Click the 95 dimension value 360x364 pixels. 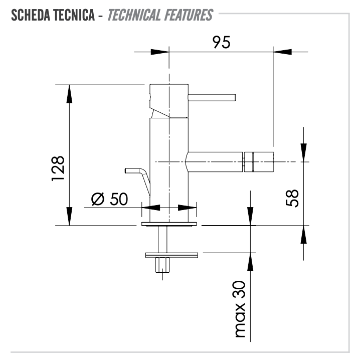pyautogui.click(x=222, y=42)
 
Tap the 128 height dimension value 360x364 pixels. pyautogui.click(x=58, y=168)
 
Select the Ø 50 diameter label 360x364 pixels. pyautogui.click(x=110, y=199)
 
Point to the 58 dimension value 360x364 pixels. pyautogui.click(x=292, y=198)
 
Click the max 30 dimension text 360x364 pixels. pyautogui.click(x=240, y=309)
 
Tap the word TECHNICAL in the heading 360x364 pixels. pyautogui.click(x=134, y=16)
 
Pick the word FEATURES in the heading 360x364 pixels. pyautogui.click(x=188, y=16)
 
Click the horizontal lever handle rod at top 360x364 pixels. pyautogui.click(x=212, y=97)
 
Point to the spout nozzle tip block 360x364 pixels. pyautogui.click(x=259, y=162)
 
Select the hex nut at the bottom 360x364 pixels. pyautogui.click(x=162, y=265)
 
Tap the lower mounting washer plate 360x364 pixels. pyautogui.click(x=171, y=255)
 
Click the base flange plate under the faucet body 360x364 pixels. pyautogui.click(x=169, y=224)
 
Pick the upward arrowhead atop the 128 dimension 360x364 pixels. pyautogui.click(x=69, y=94)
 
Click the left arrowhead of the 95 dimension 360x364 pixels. pyautogui.click(x=159, y=52)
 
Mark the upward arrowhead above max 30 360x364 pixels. pyautogui.click(x=250, y=262)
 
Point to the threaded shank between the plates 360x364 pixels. pyautogui.click(x=162, y=239)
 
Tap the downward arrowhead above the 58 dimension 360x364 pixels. pyautogui.click(x=303, y=152)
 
